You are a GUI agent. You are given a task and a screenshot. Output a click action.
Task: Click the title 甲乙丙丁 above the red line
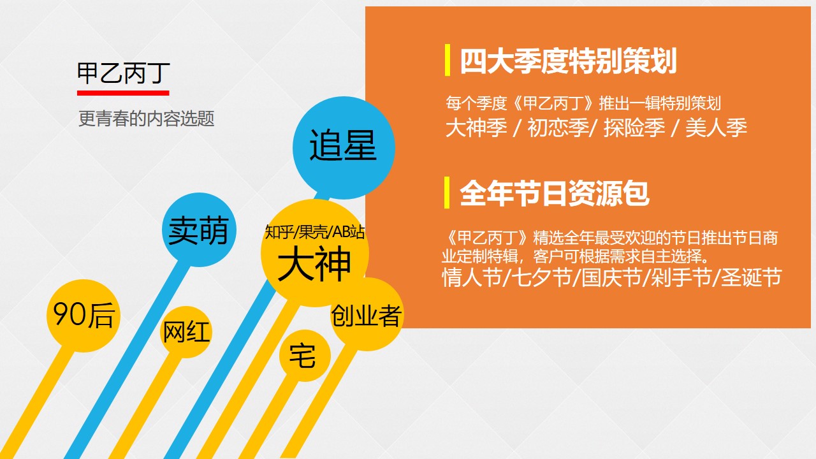pos(124,73)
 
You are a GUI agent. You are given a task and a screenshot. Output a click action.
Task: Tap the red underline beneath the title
pos(123,93)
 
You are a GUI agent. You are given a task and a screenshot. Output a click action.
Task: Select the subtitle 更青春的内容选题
pos(147,119)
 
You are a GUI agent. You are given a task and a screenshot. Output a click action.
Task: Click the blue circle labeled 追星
pos(344,147)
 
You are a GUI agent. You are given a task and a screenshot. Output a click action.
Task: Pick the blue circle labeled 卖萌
pos(199,230)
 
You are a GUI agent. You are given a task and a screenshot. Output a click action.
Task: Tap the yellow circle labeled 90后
pos(84,316)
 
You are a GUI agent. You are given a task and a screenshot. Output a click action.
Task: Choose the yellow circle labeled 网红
pos(186,332)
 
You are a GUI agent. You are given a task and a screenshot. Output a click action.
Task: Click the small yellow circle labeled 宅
pos(305,356)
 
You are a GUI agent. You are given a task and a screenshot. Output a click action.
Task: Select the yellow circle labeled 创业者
pos(367,314)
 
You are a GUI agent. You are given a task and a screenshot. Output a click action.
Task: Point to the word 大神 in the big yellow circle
pos(314,263)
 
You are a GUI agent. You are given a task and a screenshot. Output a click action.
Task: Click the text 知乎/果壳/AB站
pos(315,232)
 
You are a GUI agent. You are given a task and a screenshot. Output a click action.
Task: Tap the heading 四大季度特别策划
pos(568,61)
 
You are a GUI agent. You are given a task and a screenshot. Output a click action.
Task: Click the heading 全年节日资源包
pos(555,193)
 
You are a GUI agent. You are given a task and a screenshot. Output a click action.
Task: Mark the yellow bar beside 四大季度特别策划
pos(448,60)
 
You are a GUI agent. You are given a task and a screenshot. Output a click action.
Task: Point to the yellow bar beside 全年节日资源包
pos(447,193)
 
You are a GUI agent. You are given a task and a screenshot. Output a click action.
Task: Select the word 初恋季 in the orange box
pos(558,128)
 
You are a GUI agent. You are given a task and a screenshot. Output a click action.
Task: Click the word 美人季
pos(716,128)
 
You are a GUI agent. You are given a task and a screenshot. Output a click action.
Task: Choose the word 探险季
pos(634,128)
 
